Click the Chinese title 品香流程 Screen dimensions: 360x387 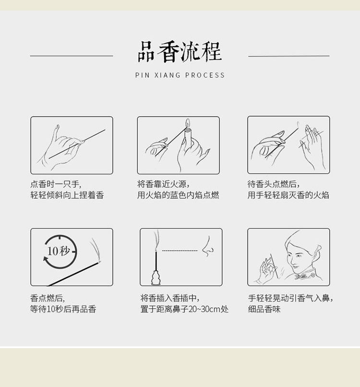180,52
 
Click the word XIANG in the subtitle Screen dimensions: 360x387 168,75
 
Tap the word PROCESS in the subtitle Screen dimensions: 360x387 205,75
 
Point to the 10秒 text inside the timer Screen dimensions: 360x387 59,251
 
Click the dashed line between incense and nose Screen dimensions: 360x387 180,251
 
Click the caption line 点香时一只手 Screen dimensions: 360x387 56,184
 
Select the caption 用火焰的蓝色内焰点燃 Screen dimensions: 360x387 178,195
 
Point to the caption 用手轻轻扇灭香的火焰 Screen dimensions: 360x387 288,195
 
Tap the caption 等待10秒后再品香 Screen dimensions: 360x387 63,309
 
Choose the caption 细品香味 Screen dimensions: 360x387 264,309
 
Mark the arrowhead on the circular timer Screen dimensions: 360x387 46,259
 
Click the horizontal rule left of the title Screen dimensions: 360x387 72,56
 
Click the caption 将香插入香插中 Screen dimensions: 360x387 170,298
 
